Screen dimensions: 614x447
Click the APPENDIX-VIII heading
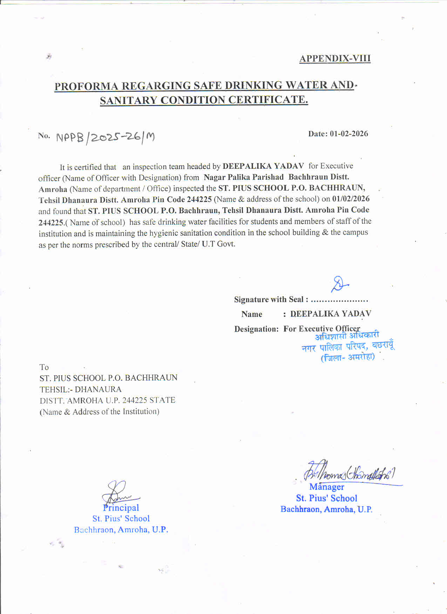click(x=335, y=58)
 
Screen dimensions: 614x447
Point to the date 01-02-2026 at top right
click(x=349, y=134)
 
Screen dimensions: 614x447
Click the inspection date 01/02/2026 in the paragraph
click(x=351, y=199)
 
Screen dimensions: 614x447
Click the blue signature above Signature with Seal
click(x=339, y=284)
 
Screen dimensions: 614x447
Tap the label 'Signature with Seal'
click(x=269, y=300)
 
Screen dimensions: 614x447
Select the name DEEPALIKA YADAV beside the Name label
click(x=331, y=314)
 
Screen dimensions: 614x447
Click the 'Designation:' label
click(x=256, y=329)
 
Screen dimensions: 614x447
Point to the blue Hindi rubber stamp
click(x=348, y=346)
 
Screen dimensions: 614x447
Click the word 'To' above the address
click(x=44, y=367)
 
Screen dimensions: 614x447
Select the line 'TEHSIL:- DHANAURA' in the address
click(x=81, y=389)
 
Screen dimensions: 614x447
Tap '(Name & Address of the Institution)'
click(x=100, y=412)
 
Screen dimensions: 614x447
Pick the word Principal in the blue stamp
click(x=121, y=508)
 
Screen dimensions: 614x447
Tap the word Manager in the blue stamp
click(x=327, y=487)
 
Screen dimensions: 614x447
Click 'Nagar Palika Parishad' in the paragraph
click(x=244, y=177)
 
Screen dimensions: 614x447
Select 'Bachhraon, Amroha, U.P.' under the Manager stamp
click(x=326, y=509)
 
